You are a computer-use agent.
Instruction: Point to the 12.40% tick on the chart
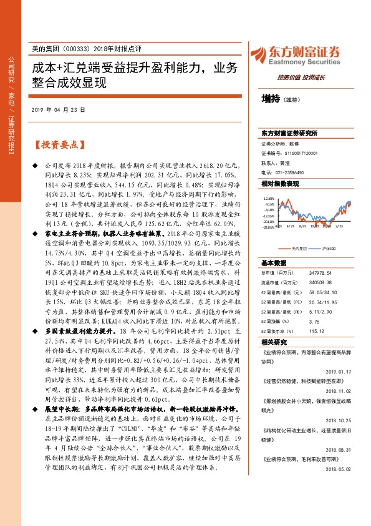coord(269,197)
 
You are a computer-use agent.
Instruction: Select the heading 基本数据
coord(274,263)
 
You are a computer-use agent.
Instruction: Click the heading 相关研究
coord(274,342)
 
